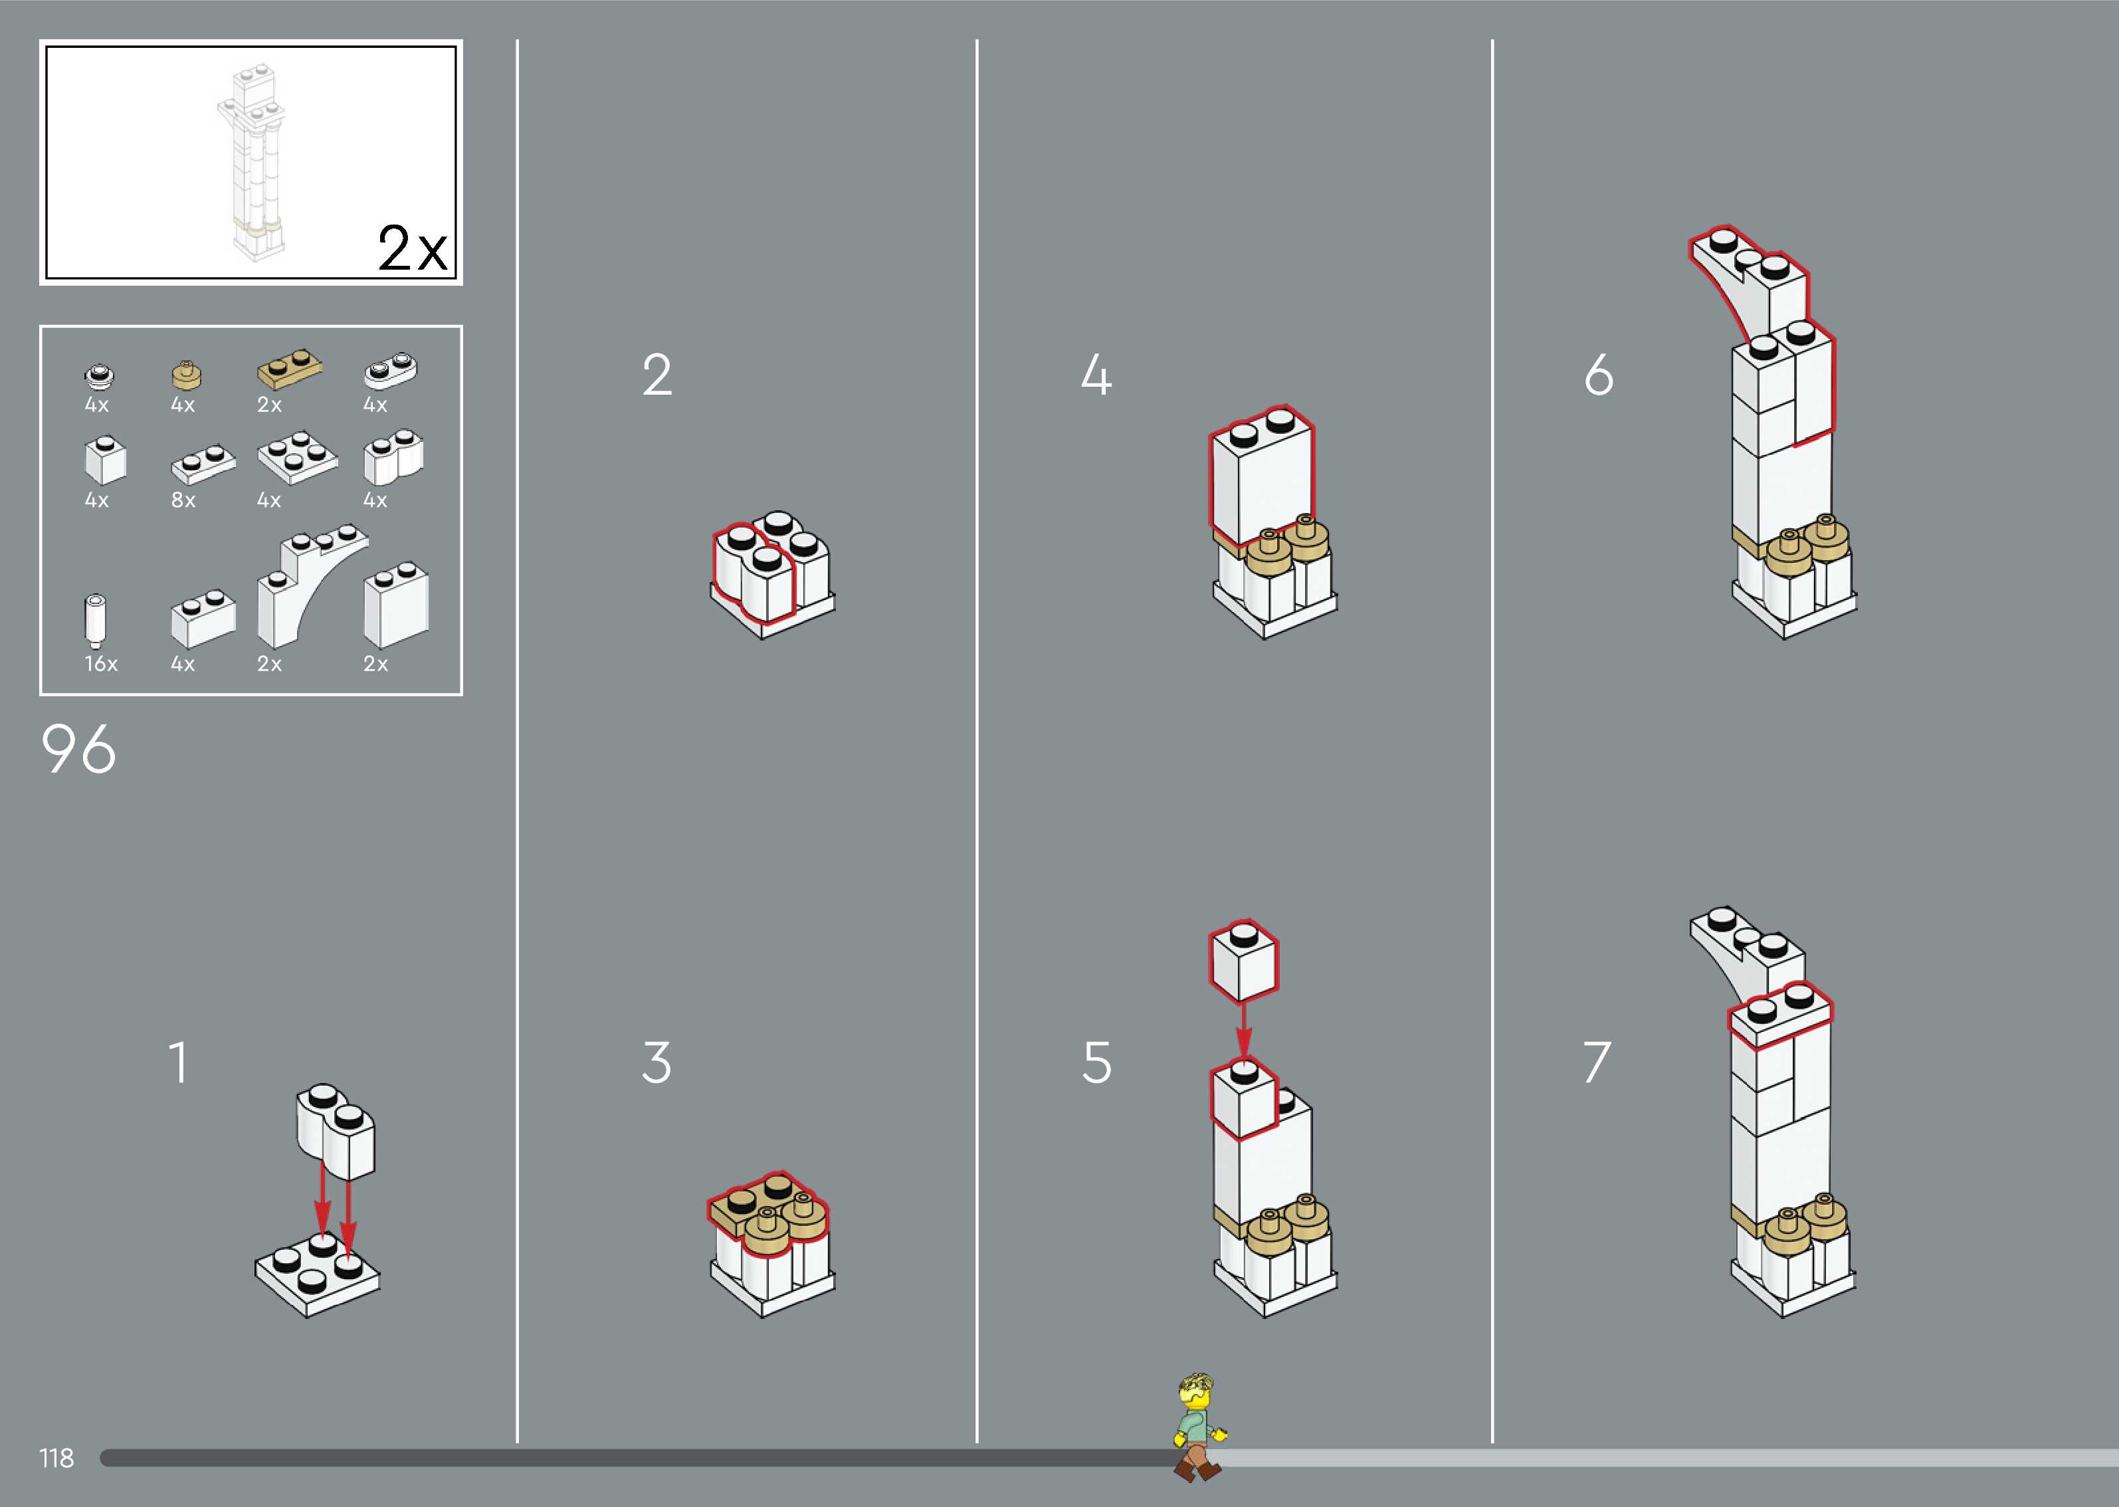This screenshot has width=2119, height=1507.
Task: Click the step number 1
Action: (178, 1062)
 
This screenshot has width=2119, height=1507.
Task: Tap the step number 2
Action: (657, 376)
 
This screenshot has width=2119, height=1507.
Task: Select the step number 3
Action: (656, 1062)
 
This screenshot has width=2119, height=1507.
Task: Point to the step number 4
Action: (1096, 376)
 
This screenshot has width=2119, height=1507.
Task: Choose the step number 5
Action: (1096, 1062)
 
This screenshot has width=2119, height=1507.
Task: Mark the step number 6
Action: (1599, 376)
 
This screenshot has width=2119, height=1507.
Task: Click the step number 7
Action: (1597, 1062)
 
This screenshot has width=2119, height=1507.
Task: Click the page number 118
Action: (56, 1458)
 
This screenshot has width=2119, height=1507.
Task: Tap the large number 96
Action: (79, 749)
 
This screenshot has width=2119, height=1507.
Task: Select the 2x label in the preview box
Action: (412, 249)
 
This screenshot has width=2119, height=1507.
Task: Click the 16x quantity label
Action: (101, 664)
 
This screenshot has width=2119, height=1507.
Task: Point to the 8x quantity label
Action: (183, 500)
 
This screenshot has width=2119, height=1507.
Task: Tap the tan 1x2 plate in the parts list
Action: (290, 368)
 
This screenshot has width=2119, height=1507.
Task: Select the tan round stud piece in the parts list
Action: (187, 374)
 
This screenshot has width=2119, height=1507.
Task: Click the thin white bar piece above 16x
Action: (94, 619)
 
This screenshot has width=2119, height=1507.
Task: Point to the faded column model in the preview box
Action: (251, 162)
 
